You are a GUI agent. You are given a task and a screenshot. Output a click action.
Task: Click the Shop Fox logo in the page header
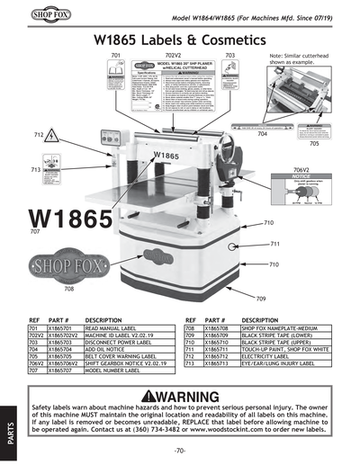pos(28,15)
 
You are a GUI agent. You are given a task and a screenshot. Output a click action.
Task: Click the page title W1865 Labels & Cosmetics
pos(180,40)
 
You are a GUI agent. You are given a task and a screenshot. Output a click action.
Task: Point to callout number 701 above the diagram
pos(115,56)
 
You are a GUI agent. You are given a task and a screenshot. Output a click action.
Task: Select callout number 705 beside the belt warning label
pos(314,144)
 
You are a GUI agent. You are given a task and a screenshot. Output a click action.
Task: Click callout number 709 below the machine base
pos(261,298)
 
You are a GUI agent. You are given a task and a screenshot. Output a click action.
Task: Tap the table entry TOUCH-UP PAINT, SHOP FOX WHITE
pos(290,350)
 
